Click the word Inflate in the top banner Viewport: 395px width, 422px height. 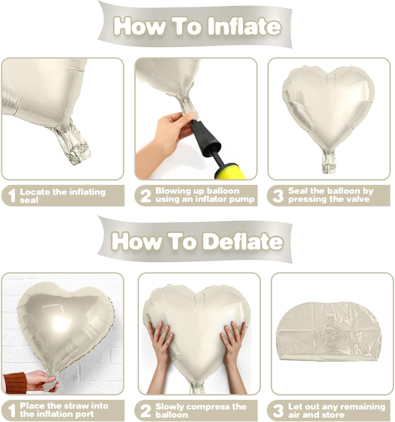tap(244, 27)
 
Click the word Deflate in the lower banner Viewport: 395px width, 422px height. tap(243, 241)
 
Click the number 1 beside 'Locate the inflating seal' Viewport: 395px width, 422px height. tap(12, 196)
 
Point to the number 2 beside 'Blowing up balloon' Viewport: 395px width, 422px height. tap(146, 196)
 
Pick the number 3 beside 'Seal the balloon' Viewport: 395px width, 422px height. tap(278, 196)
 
